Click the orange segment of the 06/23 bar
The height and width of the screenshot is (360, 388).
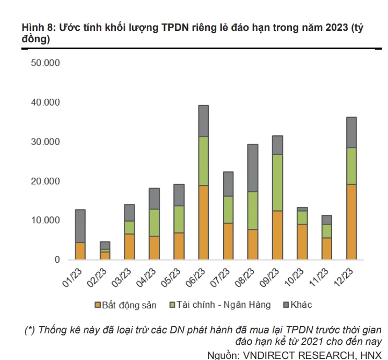(x=204, y=223)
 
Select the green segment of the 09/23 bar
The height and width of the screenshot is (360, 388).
(x=277, y=182)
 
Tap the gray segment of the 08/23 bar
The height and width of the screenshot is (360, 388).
(x=253, y=168)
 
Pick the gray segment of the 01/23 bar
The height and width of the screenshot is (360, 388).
(x=80, y=226)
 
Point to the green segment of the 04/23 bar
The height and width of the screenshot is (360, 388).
(x=154, y=223)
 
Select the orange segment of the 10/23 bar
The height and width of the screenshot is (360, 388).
(x=302, y=242)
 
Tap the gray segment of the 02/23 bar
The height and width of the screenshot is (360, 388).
(x=105, y=245)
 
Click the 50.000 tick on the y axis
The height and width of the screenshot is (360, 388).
(x=45, y=63)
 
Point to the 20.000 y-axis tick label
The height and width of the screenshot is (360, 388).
(x=45, y=181)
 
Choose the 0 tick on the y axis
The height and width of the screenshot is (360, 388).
(x=57, y=260)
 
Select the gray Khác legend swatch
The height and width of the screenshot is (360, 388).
(x=286, y=305)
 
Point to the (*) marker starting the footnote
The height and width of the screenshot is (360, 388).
(x=30, y=330)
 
